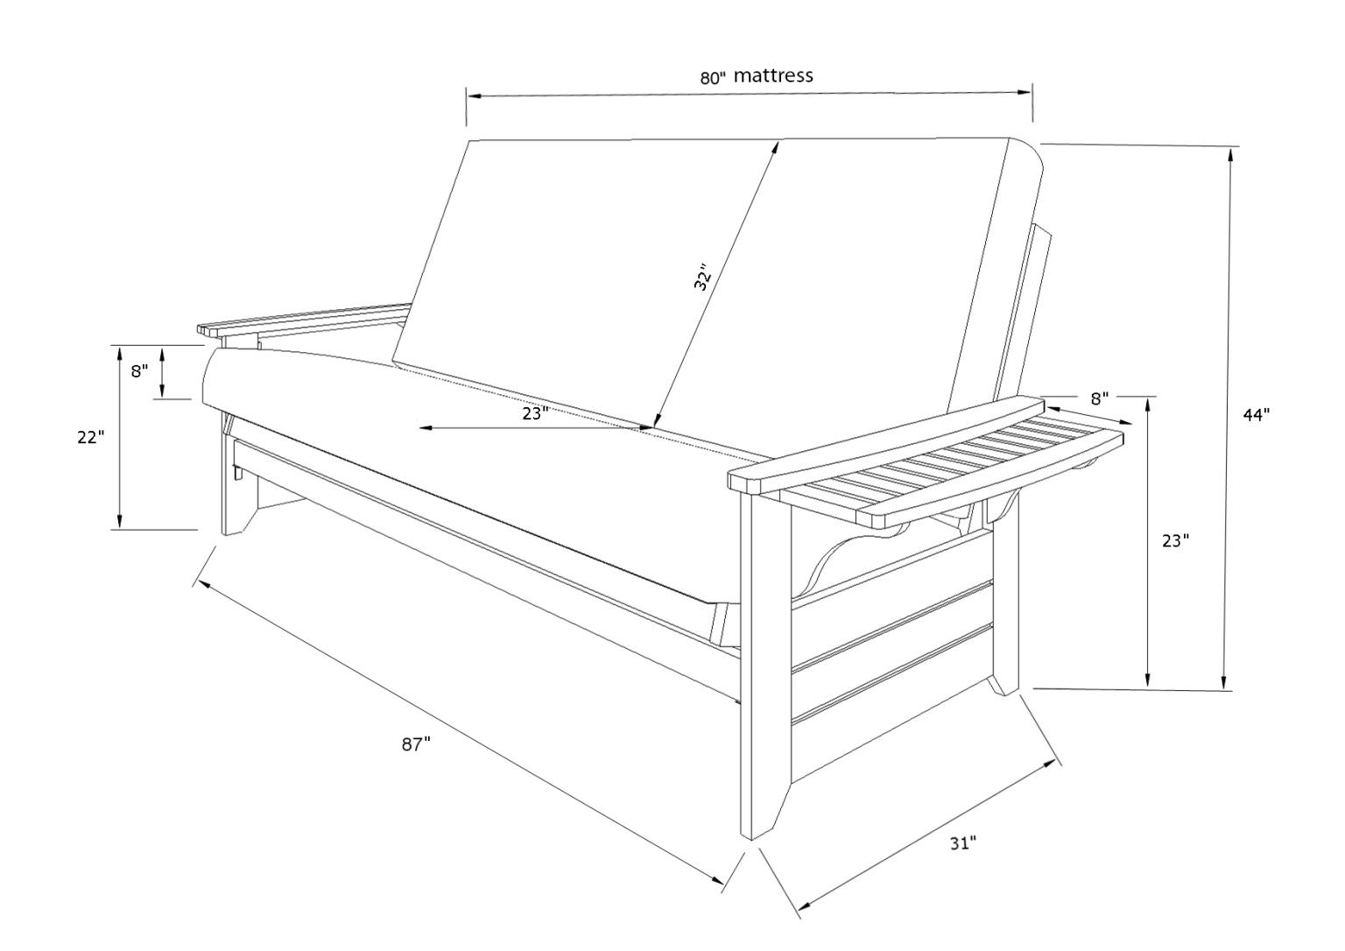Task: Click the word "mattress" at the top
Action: (773, 75)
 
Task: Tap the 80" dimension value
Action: (713, 77)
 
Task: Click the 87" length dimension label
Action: (417, 744)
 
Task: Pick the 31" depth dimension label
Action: (963, 843)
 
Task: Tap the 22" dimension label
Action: (90, 437)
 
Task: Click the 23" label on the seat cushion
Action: (536, 413)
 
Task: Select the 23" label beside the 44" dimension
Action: (1175, 541)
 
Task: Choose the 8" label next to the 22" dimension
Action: (139, 370)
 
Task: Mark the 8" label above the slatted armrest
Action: (1100, 398)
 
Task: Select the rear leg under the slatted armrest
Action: (1006, 604)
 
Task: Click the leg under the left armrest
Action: (235, 477)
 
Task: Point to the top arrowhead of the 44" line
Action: (1231, 155)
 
